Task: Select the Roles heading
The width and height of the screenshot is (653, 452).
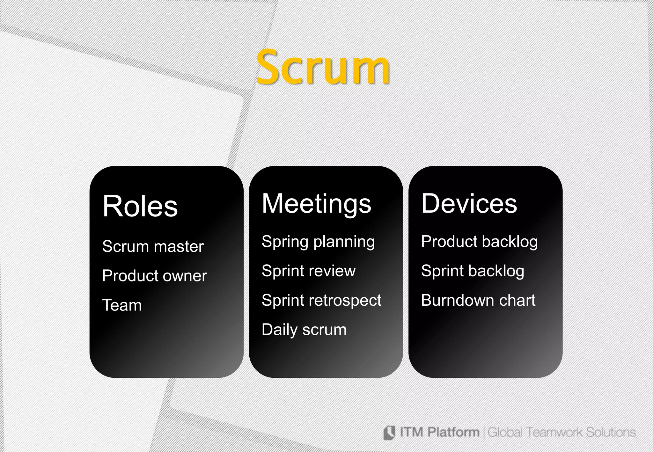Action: click(x=140, y=206)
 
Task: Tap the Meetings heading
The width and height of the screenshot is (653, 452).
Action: click(x=316, y=204)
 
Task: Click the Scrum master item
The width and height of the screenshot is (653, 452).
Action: click(x=153, y=246)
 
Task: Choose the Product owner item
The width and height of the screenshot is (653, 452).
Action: click(x=155, y=276)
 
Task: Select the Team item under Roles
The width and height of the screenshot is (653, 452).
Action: click(x=122, y=305)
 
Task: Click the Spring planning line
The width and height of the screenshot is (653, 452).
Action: click(x=318, y=242)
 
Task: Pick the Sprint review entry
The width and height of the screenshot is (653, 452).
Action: click(x=308, y=271)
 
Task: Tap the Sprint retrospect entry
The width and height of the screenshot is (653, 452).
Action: click(x=321, y=301)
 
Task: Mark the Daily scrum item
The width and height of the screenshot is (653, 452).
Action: click(x=304, y=330)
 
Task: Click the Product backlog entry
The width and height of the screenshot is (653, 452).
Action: click(x=479, y=242)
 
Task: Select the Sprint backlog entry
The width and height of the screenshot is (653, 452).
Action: click(x=473, y=271)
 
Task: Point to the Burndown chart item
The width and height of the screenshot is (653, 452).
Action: click(x=478, y=300)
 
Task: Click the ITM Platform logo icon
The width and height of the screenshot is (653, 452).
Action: click(x=389, y=433)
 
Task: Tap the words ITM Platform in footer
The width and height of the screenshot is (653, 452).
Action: click(x=439, y=432)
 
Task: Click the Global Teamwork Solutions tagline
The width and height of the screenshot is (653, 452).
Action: click(x=561, y=432)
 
